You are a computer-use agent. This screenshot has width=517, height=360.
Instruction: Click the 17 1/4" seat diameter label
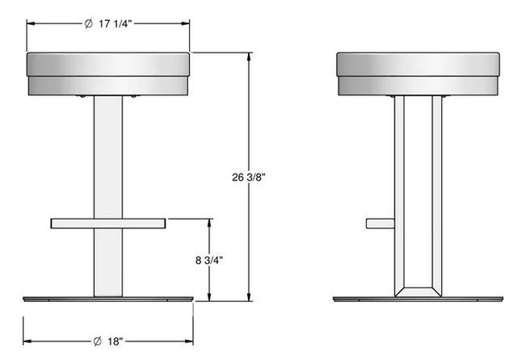(116, 23)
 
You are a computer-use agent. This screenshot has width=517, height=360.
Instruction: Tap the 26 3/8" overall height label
(249, 178)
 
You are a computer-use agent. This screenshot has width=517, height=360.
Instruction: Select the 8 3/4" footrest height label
(209, 260)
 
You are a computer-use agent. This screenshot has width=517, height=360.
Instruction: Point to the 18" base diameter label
(115, 341)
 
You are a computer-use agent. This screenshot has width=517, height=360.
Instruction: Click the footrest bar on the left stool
(108, 224)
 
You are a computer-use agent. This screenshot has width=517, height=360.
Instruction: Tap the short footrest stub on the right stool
(380, 224)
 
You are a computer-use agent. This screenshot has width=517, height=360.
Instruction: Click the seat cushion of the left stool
(108, 73)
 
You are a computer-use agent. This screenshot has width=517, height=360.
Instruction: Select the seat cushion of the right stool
(418, 73)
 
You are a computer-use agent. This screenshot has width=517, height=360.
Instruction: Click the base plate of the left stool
(108, 299)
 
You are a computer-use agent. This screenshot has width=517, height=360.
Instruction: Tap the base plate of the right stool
(418, 299)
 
